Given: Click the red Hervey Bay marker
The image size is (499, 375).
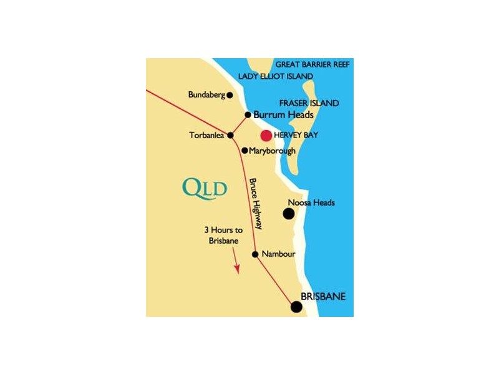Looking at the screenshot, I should tap(266, 135).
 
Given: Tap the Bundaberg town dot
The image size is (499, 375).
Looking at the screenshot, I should tap(230, 95).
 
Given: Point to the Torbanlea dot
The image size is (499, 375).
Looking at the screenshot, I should tap(231, 135).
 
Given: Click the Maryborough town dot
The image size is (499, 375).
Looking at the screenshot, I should tap(245, 151).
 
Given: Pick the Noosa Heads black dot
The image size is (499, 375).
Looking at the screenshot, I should tap(289, 214).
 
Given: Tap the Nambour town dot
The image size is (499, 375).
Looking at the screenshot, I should tap(255, 254).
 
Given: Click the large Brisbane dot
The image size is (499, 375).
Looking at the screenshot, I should tap(296, 306).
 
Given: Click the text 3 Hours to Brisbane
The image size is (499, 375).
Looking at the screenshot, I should tap(223, 236).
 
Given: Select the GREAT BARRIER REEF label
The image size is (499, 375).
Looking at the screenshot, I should tap(314, 64).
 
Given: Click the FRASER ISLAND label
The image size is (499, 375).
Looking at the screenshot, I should tap(309, 103).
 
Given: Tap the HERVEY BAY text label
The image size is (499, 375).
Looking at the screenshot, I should tap(297, 135).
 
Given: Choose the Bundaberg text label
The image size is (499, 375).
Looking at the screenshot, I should tap(206, 95).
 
